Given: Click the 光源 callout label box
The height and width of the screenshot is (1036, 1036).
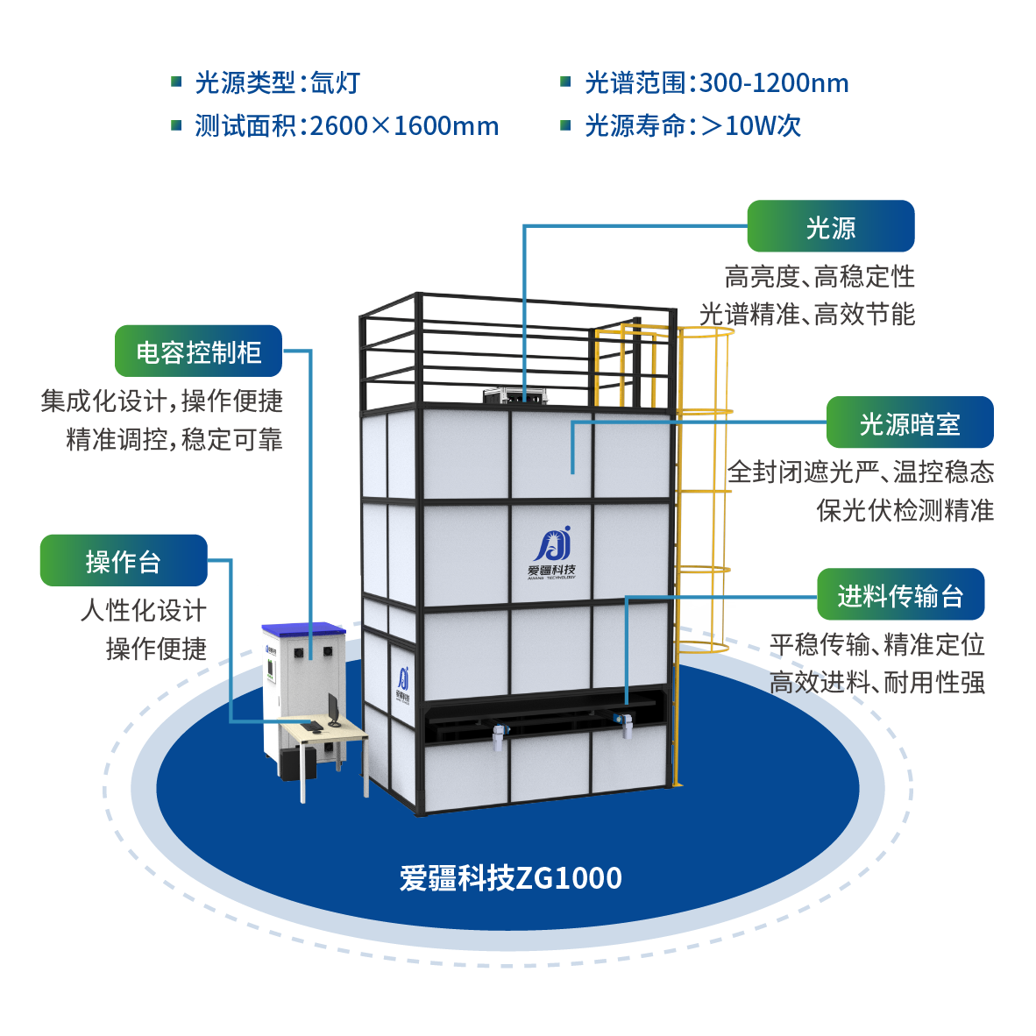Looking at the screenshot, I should click(x=830, y=227).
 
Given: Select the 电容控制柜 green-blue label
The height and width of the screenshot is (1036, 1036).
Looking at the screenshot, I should click(x=198, y=351).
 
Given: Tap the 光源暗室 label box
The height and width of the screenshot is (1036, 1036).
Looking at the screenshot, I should click(x=910, y=423).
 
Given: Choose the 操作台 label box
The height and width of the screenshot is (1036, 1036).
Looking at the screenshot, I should click(x=124, y=561).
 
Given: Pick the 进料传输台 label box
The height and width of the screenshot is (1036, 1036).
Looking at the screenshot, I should click(x=900, y=595).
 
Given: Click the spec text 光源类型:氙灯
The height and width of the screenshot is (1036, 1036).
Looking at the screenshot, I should click(x=277, y=83).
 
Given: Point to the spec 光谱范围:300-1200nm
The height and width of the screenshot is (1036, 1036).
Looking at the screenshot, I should click(x=716, y=83).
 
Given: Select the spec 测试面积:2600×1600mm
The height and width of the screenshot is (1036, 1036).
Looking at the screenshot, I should click(x=346, y=126).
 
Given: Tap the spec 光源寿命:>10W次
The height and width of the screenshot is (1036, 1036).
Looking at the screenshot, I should click(x=692, y=126).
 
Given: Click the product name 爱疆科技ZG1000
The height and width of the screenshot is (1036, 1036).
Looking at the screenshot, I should click(x=511, y=877).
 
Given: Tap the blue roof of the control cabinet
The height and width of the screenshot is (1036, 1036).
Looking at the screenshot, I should click(x=302, y=628).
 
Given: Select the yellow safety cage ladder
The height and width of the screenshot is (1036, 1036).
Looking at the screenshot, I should click(x=701, y=491).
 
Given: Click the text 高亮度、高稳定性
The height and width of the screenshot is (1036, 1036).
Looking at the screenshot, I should click(x=820, y=277).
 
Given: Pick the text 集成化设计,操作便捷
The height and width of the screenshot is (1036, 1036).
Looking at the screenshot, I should click(x=162, y=401).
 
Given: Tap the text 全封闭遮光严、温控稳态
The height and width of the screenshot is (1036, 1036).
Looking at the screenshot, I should click(x=861, y=472).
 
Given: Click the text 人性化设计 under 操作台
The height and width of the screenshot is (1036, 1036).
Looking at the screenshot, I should click(x=144, y=610).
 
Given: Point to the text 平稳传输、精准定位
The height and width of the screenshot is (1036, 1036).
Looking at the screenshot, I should click(x=877, y=645).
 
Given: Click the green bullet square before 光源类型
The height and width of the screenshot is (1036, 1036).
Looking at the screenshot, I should click(x=175, y=82).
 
